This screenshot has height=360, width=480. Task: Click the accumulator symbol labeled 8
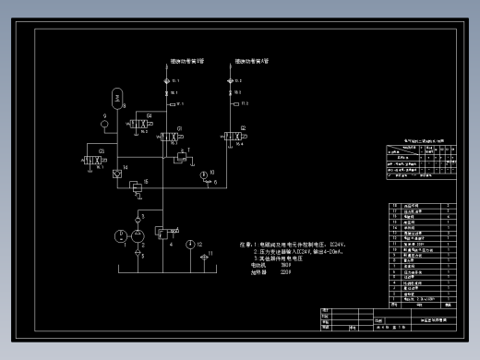116,97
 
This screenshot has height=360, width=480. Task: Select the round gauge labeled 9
104,123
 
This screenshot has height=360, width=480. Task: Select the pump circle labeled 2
138,236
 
